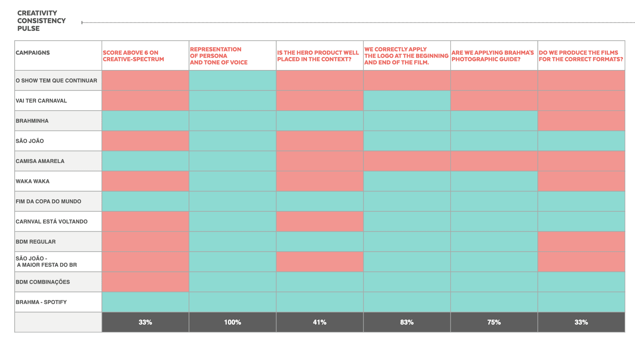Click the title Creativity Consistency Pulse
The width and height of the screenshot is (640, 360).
41,21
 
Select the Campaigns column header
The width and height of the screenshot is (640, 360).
33,53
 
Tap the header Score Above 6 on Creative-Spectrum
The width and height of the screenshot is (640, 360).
133,56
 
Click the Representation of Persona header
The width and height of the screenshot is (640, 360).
219,56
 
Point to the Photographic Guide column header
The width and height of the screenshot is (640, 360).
493,56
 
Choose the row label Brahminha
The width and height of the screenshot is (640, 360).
32,121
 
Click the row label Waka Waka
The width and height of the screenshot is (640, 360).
33,181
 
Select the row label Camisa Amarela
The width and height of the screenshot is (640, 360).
40,161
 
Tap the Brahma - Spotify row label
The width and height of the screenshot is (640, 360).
41,302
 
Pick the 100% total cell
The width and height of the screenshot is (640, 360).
232,322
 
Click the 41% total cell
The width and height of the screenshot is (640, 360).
320,322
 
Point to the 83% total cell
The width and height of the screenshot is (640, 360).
407,322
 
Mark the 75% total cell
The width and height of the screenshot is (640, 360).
494,322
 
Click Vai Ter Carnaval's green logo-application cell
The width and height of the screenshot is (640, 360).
407,101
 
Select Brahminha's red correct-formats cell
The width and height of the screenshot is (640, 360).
581,121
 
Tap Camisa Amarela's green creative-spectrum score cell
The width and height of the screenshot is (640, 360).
145,161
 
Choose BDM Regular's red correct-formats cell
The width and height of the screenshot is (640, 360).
581,242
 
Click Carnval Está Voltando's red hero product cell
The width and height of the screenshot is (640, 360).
320,221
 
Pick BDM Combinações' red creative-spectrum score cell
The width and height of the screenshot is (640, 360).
145,282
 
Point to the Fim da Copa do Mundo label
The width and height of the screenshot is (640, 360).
48,201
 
